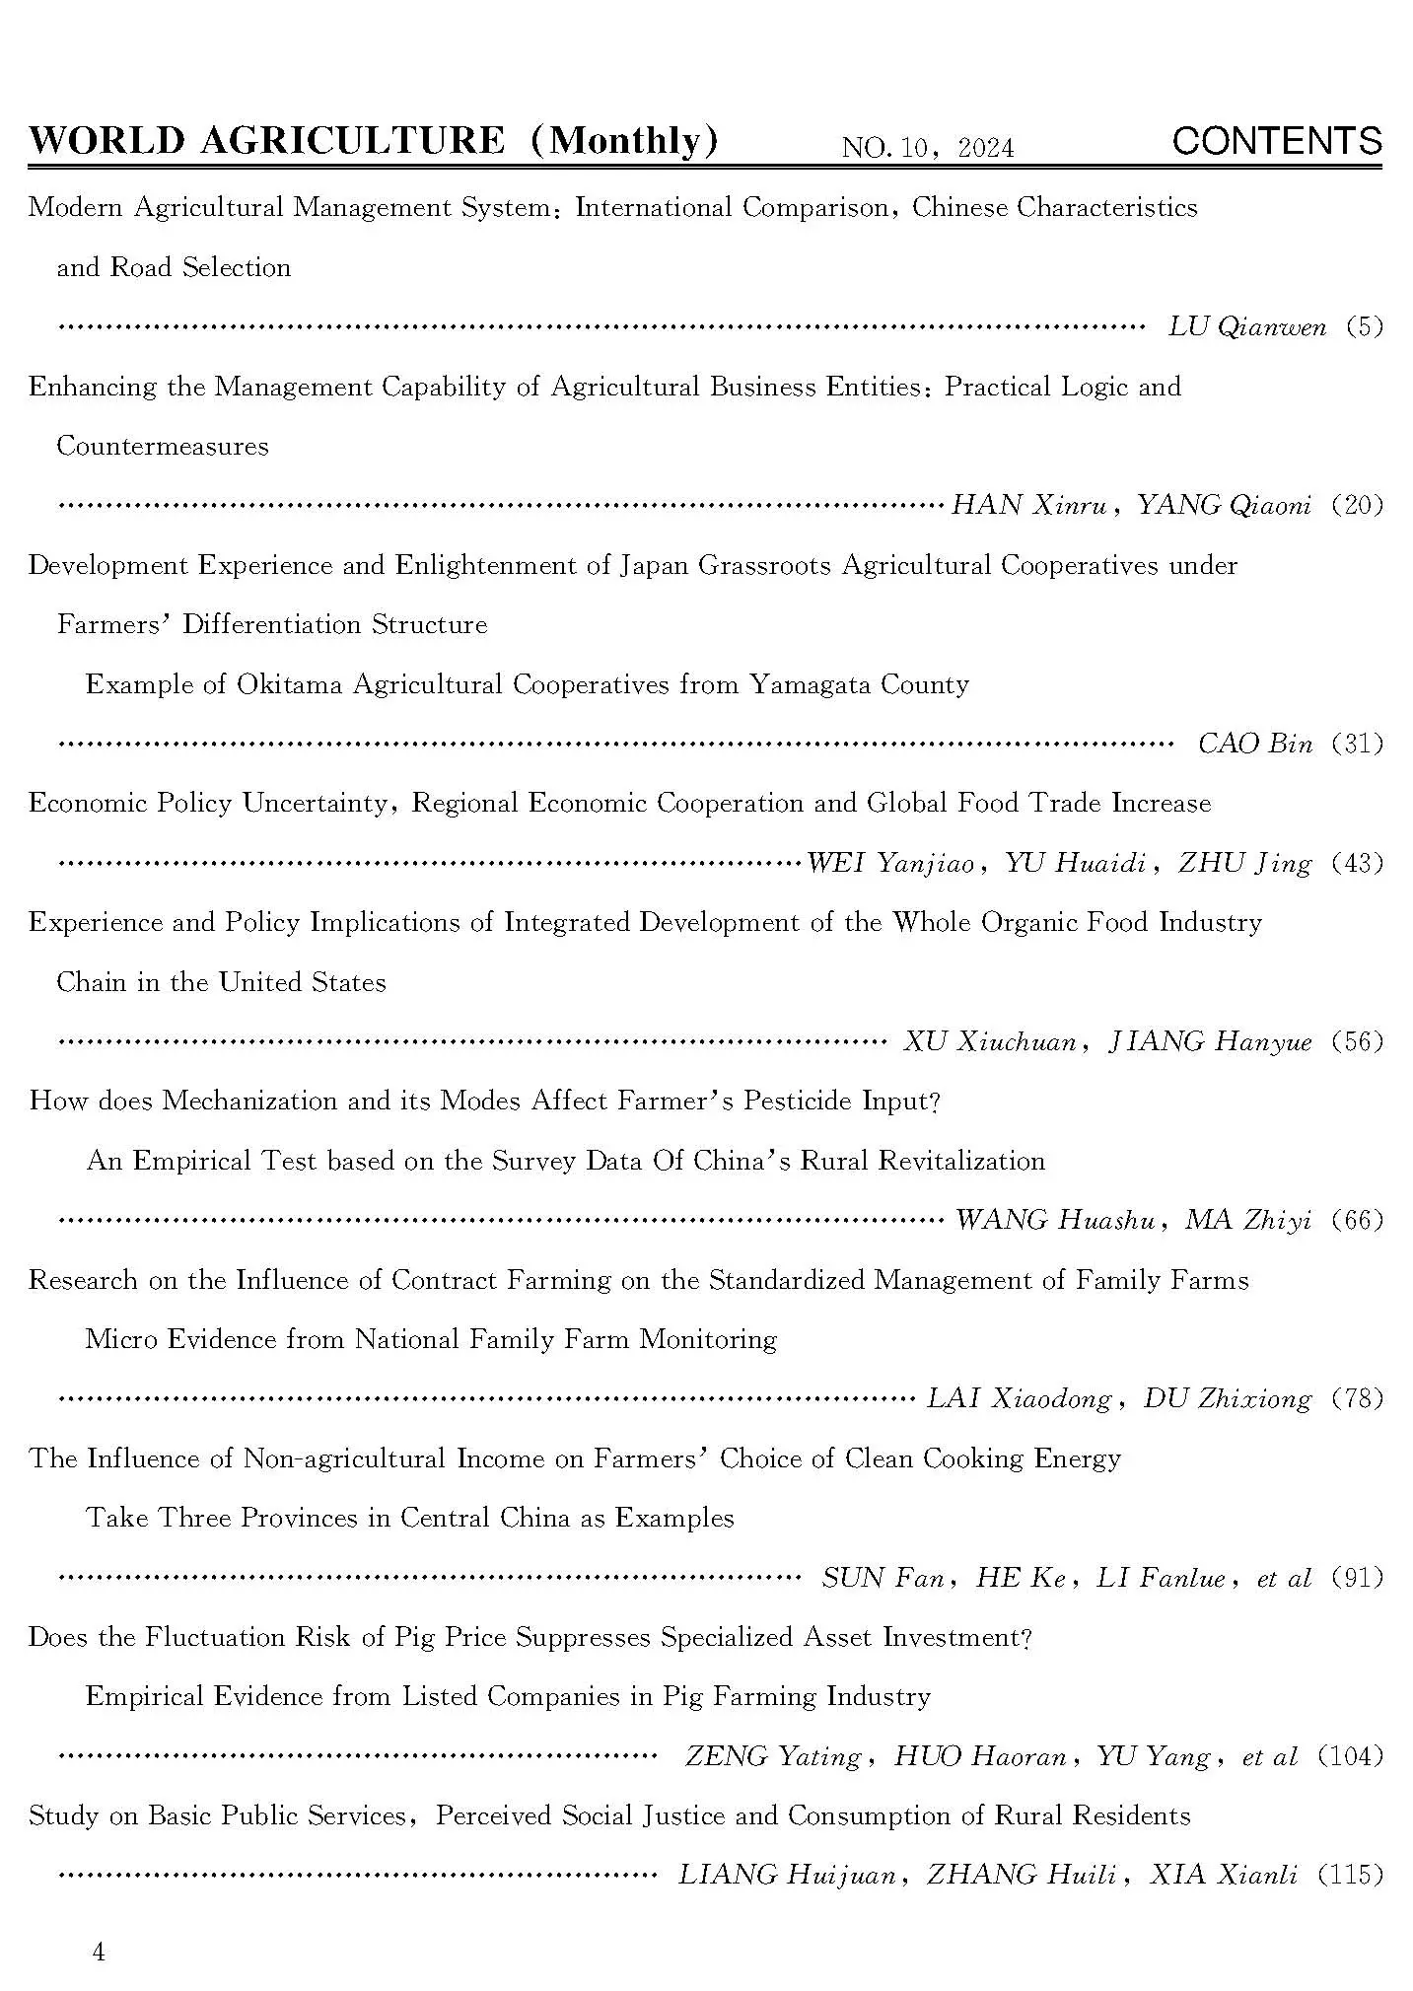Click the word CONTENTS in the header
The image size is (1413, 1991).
[1276, 142]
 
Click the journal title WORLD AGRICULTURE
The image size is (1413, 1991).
[266, 141]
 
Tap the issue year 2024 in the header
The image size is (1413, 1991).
[985, 149]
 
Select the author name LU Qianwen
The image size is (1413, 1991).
[1246, 327]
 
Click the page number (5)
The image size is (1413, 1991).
[1364, 327]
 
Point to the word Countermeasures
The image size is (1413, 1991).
[163, 446]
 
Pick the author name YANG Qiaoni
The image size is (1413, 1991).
[1224, 506]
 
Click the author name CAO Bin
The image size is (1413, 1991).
[1254, 744]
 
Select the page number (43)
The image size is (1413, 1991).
[1357, 863]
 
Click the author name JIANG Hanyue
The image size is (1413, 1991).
[1210, 1042]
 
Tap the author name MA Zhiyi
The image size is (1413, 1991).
[1247, 1221]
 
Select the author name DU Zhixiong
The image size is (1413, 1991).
[1227, 1399]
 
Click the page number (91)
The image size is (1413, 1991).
[1357, 1578]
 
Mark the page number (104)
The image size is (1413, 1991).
[1350, 1756]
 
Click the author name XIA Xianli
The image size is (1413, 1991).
[1223, 1876]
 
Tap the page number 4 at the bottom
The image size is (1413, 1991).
[98, 1953]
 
